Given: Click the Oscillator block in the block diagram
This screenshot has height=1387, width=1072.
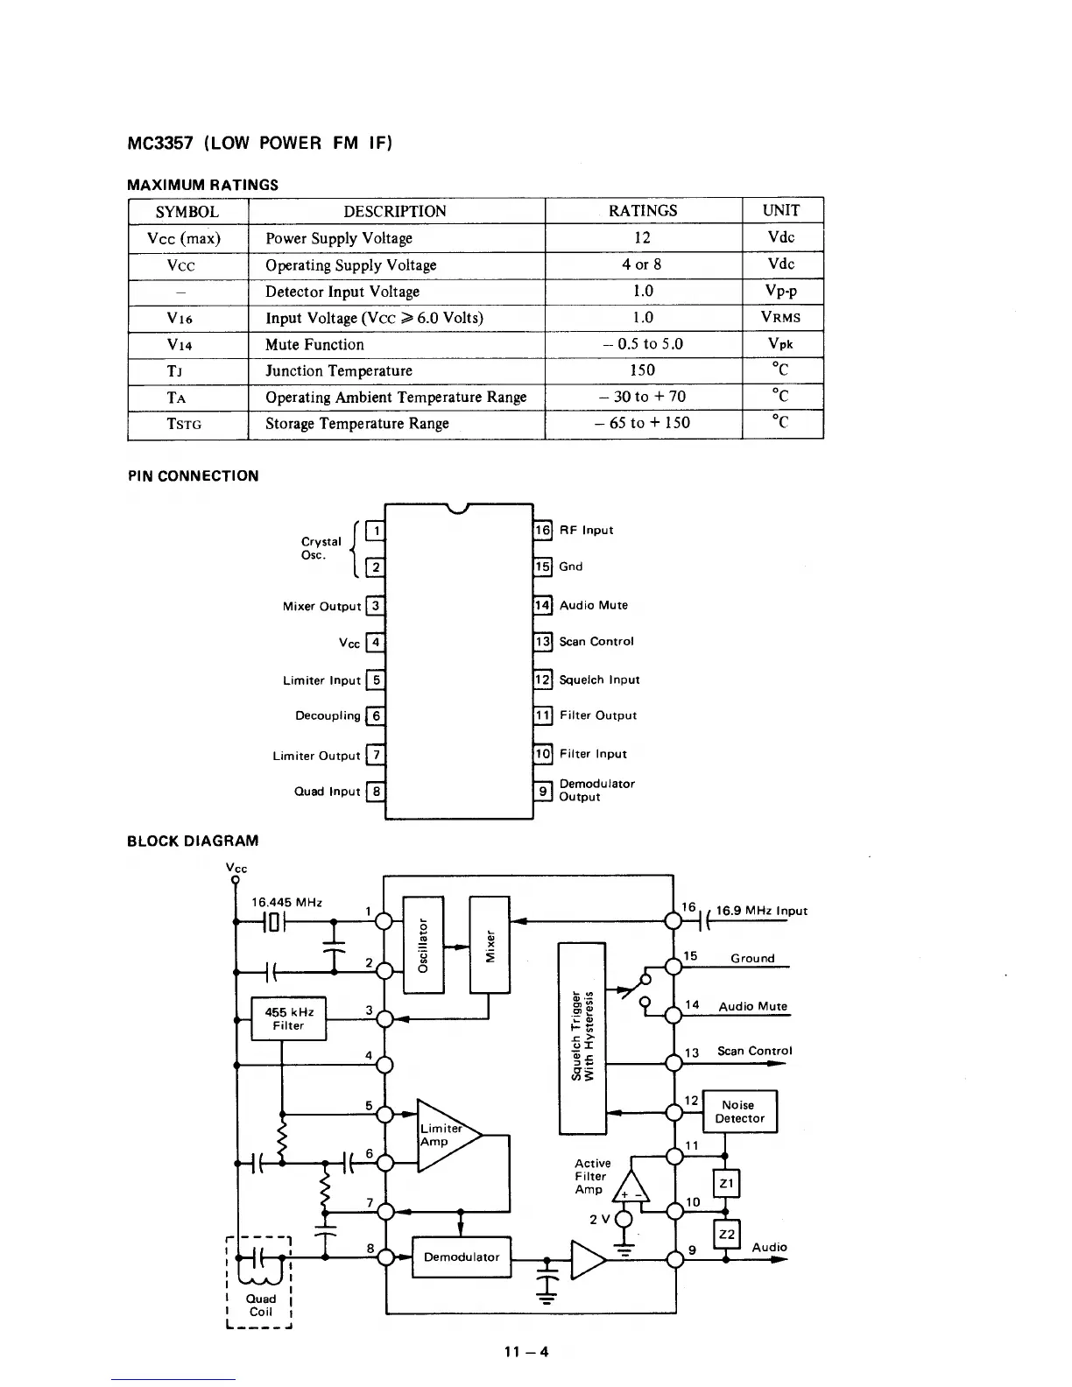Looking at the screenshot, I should (x=423, y=944).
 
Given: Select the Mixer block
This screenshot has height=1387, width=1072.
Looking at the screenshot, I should (x=490, y=944).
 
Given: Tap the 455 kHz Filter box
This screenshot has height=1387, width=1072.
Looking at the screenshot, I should (x=288, y=1018).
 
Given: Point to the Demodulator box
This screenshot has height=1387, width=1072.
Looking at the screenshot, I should (x=461, y=1257).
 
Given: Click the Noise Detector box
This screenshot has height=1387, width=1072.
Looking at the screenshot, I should (x=739, y=1111).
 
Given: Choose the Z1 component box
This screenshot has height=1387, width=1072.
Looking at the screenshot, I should (x=727, y=1184).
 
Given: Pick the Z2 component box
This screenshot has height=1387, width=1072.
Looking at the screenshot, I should (x=727, y=1234).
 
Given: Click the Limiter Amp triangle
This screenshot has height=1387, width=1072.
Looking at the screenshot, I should (x=445, y=1135).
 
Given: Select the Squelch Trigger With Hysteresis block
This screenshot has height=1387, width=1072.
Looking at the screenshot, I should (x=582, y=1038).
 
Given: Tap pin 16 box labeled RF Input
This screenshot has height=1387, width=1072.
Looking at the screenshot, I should (x=543, y=530).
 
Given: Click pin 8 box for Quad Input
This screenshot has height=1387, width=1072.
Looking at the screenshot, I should (x=376, y=792).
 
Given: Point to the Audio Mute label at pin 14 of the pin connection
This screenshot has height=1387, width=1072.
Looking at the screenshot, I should (x=593, y=605).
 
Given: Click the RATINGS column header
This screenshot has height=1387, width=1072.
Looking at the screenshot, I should (x=643, y=211).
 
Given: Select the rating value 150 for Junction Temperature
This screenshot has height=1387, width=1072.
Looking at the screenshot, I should (x=643, y=370).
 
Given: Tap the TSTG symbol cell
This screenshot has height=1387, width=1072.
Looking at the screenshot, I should (x=185, y=424).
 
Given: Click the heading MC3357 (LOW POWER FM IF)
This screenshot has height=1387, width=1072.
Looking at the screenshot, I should (x=259, y=143).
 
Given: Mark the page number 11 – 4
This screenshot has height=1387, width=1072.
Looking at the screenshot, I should (x=526, y=1351).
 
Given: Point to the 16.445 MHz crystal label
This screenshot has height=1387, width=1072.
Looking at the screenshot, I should (x=286, y=902).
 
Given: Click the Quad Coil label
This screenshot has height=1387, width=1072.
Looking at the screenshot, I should (x=260, y=1305).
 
